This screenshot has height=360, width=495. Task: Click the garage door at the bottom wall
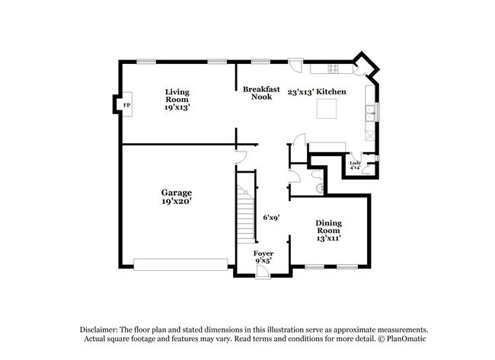pyautogui.click(x=180, y=264)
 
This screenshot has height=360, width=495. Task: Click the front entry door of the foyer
pyautogui.click(x=280, y=263)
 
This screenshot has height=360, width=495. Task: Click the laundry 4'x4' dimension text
pyautogui.click(x=355, y=168)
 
